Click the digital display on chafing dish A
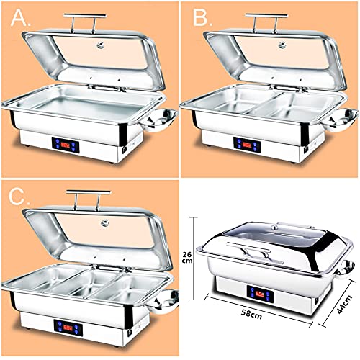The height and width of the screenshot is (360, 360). tap(66, 144)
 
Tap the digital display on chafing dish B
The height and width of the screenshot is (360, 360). tap(246, 143)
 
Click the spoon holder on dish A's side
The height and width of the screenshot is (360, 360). tap(165, 118)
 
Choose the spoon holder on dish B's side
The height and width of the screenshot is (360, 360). tap(345, 118)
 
